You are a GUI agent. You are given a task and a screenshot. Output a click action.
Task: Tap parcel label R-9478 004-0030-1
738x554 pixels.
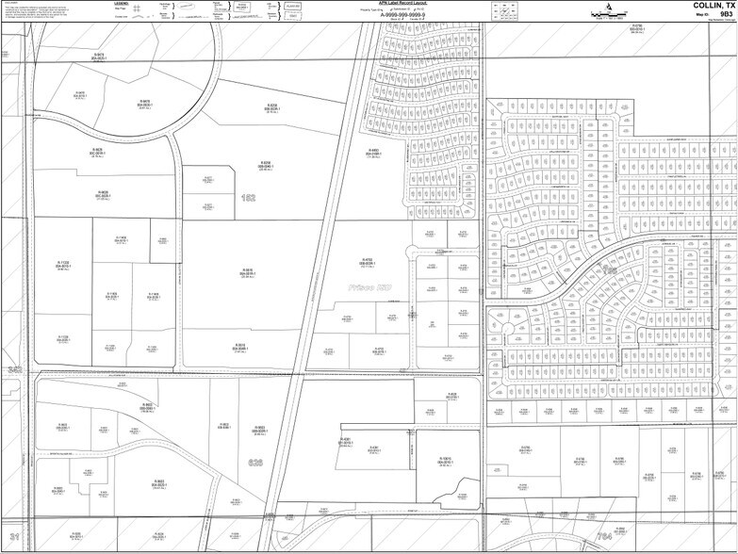coord(145,105)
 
